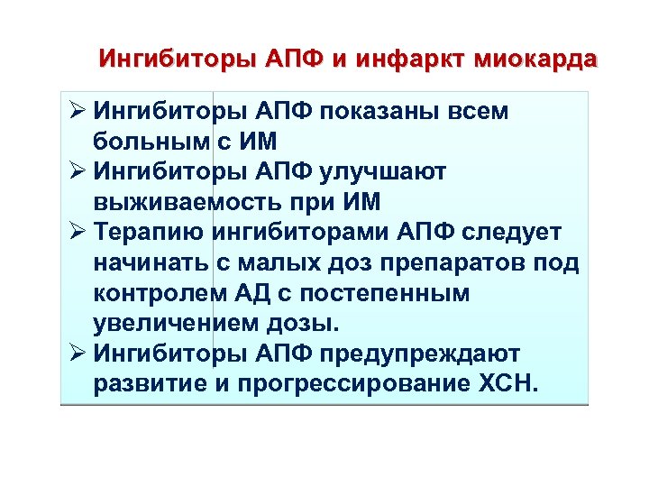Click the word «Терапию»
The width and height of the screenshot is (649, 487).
150,233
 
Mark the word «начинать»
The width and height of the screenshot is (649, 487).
151,263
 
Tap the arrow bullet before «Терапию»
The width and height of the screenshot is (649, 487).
77,233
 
